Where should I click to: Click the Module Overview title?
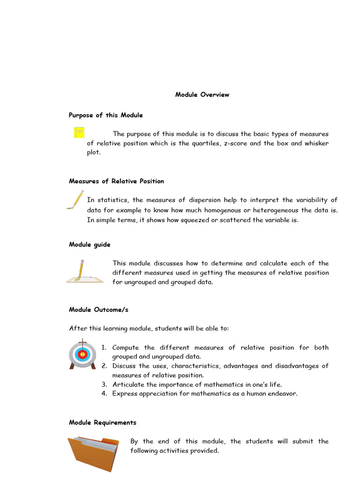[x=202, y=95]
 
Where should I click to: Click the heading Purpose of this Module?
[x=105, y=115]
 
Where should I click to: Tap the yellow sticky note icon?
[x=79, y=132]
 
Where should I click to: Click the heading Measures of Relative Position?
[x=116, y=181]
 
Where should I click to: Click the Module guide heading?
[x=90, y=245]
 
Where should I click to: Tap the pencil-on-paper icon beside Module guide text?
[x=84, y=271]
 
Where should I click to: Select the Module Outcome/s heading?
[x=98, y=310]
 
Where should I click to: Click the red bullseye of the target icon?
[x=82, y=354]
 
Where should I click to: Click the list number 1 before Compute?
[x=104, y=348]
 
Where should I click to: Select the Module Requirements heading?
[x=102, y=423]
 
